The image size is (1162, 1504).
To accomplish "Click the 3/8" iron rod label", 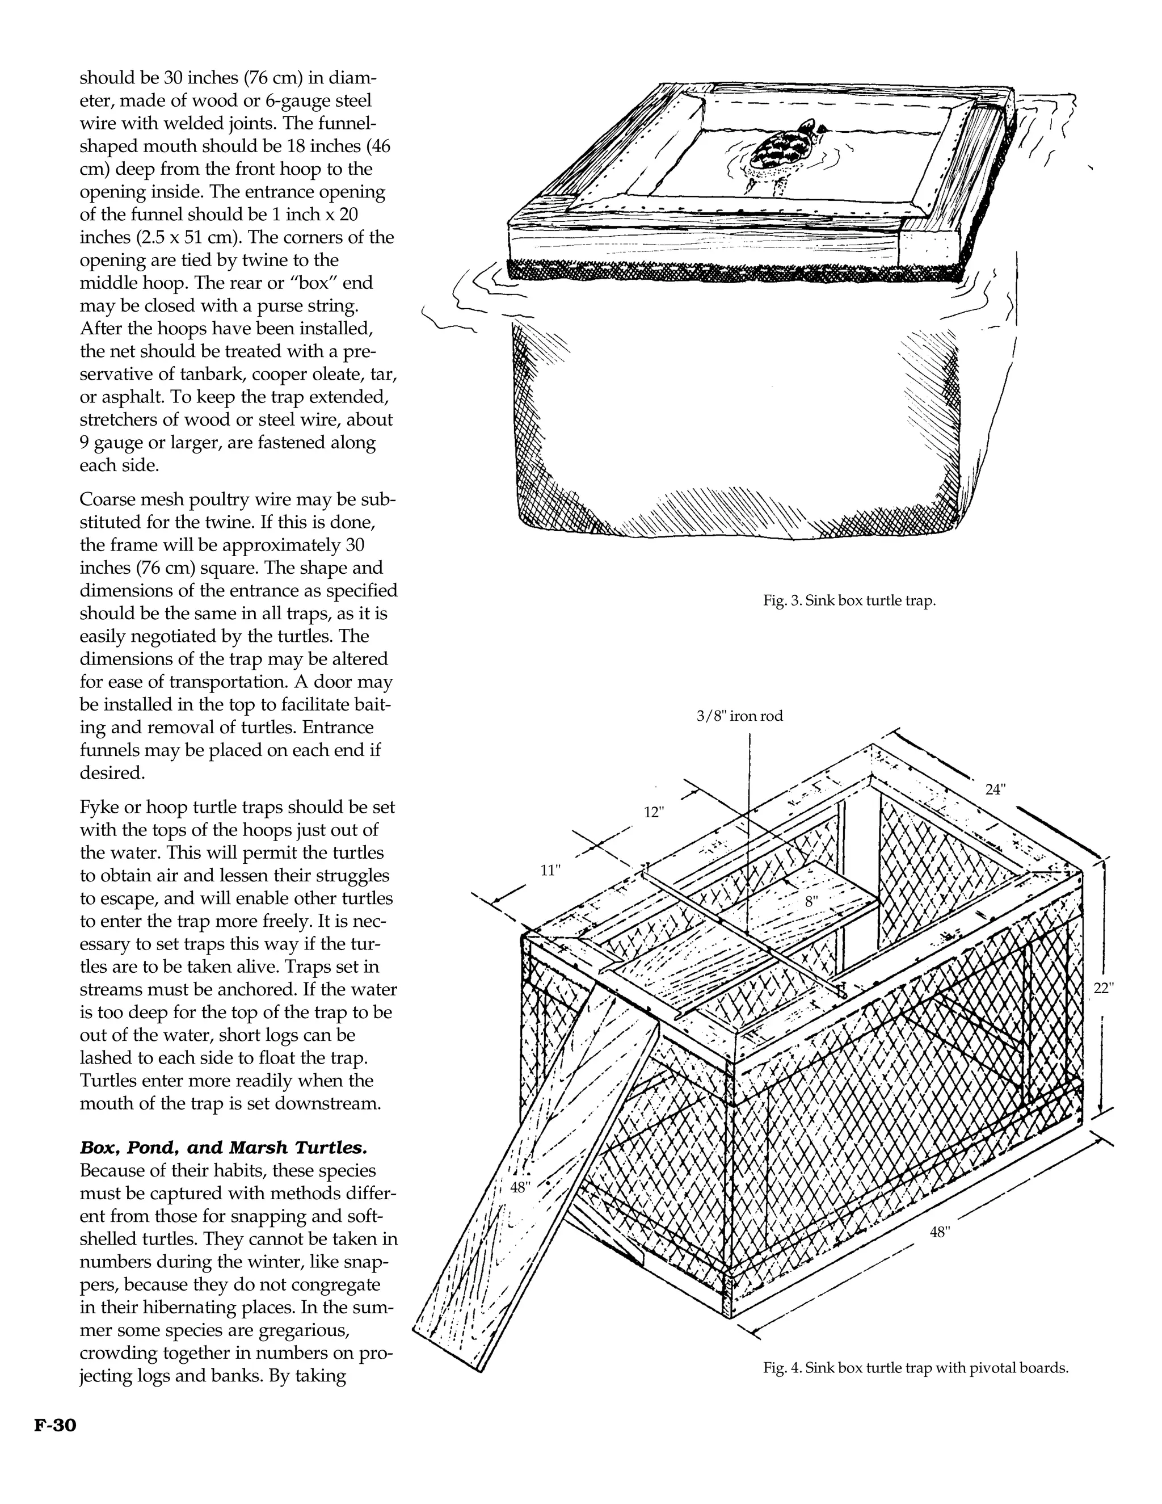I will (739, 716).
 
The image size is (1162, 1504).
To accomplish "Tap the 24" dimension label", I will (995, 790).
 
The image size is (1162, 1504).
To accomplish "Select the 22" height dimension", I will (1104, 988).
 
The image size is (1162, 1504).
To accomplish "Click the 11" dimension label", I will (550, 871).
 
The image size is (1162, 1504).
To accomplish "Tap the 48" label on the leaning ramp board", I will (520, 1187).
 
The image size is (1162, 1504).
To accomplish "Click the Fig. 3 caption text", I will (849, 600).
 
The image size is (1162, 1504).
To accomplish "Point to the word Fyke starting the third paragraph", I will (100, 807).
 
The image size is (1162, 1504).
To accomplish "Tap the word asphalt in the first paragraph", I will (132, 397).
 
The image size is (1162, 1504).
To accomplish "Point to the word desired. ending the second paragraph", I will (112, 774).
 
